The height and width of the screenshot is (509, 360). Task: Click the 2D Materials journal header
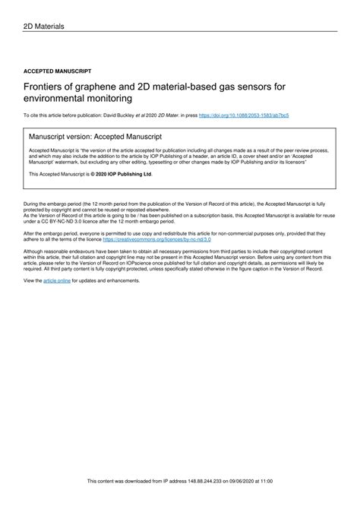pyautogui.click(x=43, y=27)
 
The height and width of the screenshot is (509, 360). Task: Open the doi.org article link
pyautogui.click(x=243, y=115)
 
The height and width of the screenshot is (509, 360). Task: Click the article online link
pyautogui.click(x=57, y=280)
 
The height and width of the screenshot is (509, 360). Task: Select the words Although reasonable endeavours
pyautogui.click(x=59, y=250)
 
